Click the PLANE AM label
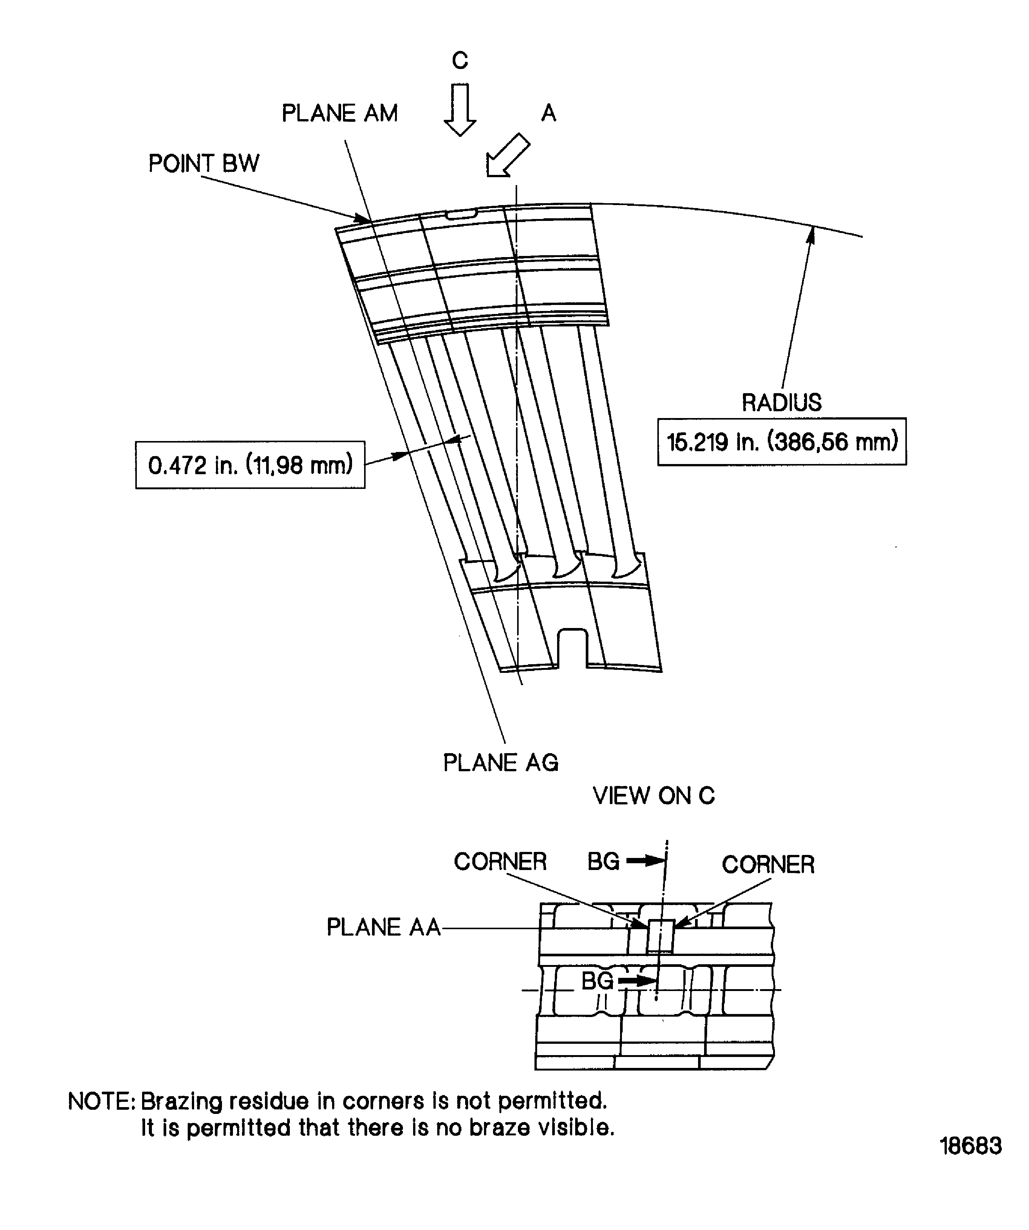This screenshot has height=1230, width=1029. click(339, 113)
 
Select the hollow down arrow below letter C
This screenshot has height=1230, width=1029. click(460, 110)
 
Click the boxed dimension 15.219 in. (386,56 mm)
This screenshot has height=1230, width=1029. click(781, 442)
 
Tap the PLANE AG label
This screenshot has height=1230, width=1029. click(500, 763)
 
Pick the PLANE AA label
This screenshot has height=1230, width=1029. click(383, 927)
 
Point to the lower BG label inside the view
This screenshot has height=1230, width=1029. click(597, 980)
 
